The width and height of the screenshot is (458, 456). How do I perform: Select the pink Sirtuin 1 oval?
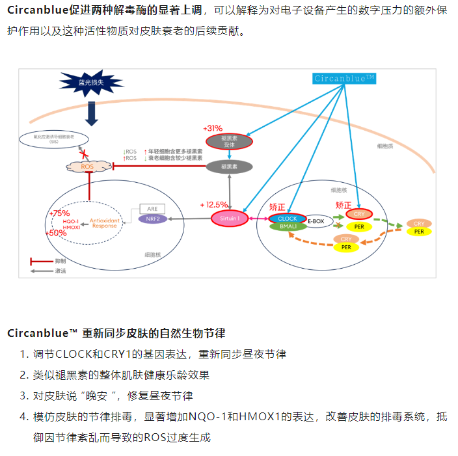229,219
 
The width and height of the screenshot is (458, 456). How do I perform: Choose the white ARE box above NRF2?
152,209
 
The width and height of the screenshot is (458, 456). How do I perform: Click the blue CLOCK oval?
287,219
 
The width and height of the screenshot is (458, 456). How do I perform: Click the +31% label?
213,128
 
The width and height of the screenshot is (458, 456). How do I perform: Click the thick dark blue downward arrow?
91,113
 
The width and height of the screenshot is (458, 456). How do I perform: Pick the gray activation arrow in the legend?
40,270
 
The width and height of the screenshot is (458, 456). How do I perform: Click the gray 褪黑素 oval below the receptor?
228,167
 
